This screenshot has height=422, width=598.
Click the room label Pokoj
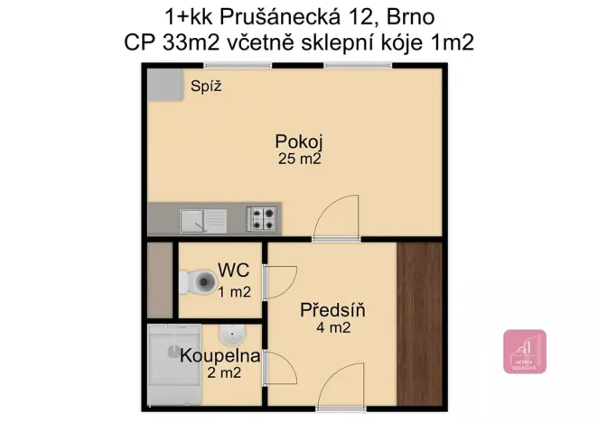pyautogui.click(x=299, y=142)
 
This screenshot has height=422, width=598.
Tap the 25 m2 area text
pyautogui.click(x=299, y=159)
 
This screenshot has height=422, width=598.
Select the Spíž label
pyautogui.click(x=206, y=87)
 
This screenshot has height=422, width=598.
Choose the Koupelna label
pyautogui.click(x=220, y=355)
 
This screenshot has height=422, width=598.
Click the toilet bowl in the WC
pyautogui.click(x=192, y=284)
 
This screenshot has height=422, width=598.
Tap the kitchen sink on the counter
pyautogui.click(x=203, y=218)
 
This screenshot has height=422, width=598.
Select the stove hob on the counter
pyautogui.click(x=262, y=217)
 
